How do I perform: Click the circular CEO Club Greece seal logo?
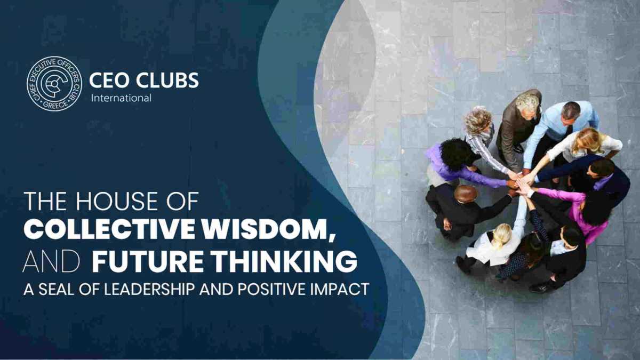coord(54,83)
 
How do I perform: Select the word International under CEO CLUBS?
coord(121,98)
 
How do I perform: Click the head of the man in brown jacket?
coord(527,106)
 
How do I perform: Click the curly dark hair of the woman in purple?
coord(457,154)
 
